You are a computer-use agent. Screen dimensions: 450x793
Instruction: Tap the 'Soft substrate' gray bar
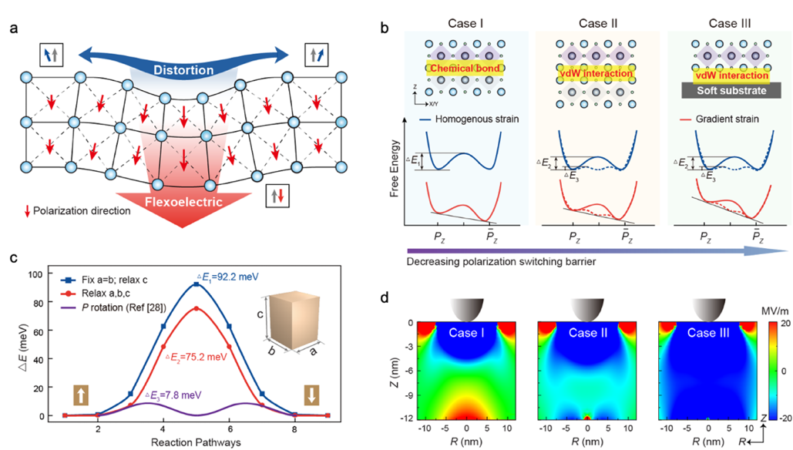click(720, 90)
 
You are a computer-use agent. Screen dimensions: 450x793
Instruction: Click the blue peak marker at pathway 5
click(196, 285)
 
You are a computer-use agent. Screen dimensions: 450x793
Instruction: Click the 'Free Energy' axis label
click(391, 170)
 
